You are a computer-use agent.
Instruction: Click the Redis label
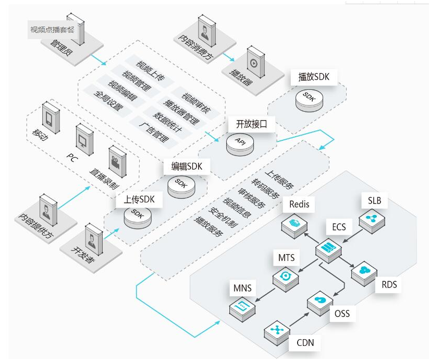pyautogui.click(x=299, y=204)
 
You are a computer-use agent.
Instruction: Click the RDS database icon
pyautogui.click(x=363, y=271)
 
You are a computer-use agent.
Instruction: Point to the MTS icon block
pyautogui.click(x=286, y=277)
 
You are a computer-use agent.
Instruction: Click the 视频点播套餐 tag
pyautogui.click(x=52, y=29)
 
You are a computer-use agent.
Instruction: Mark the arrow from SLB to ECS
pyautogui.click(x=351, y=235)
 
